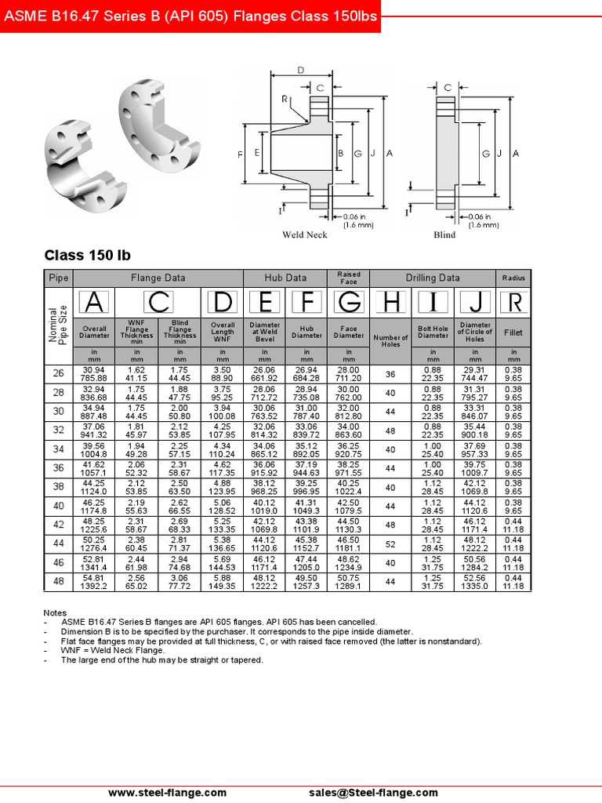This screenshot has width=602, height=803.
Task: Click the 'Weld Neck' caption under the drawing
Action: coord(305,234)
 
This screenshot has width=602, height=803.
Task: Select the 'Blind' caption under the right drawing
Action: coord(444,234)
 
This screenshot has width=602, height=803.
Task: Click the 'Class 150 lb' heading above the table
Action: coord(87,256)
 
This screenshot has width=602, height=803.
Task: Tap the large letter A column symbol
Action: coord(93,302)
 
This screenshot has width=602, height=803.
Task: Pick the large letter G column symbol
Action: coord(349,302)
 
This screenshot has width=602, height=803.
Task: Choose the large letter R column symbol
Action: coord(513,302)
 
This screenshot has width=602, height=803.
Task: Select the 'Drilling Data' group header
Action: coord(432,278)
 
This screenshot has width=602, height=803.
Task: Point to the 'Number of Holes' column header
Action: coord(390,341)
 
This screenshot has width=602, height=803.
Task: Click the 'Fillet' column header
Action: coord(513,332)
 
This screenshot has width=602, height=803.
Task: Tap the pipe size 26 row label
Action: coord(59,374)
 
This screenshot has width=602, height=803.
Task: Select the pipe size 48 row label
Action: coord(59,581)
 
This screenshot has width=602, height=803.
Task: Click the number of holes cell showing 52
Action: coord(390,543)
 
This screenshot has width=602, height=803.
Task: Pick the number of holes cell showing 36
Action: coord(390,374)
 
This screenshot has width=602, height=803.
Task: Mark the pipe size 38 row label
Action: coord(59,487)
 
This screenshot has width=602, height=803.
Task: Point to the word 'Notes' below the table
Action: coord(55,612)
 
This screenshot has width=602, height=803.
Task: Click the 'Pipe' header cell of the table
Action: coord(59,278)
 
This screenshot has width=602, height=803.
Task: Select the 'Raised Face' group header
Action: coord(349,278)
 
